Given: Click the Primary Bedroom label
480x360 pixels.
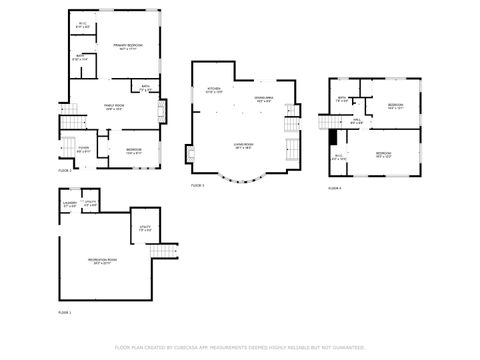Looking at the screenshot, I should [127, 46].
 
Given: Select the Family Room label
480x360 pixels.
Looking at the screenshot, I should [114, 107].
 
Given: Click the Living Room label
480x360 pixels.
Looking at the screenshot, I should [241, 145].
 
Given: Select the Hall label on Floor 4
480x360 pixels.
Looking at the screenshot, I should [357, 121].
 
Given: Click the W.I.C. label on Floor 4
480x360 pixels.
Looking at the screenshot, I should [338, 157].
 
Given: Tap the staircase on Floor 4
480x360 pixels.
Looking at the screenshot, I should [326, 122].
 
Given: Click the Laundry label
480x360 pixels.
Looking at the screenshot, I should [69, 204].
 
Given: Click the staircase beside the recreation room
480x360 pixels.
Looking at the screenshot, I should [169, 252].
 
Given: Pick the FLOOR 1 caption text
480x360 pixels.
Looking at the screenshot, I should [64, 313].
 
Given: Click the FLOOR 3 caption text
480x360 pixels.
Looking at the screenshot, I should [197, 186].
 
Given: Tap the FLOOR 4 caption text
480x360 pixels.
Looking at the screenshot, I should [334, 187].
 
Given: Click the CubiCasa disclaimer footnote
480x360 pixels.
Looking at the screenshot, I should [240, 347].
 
